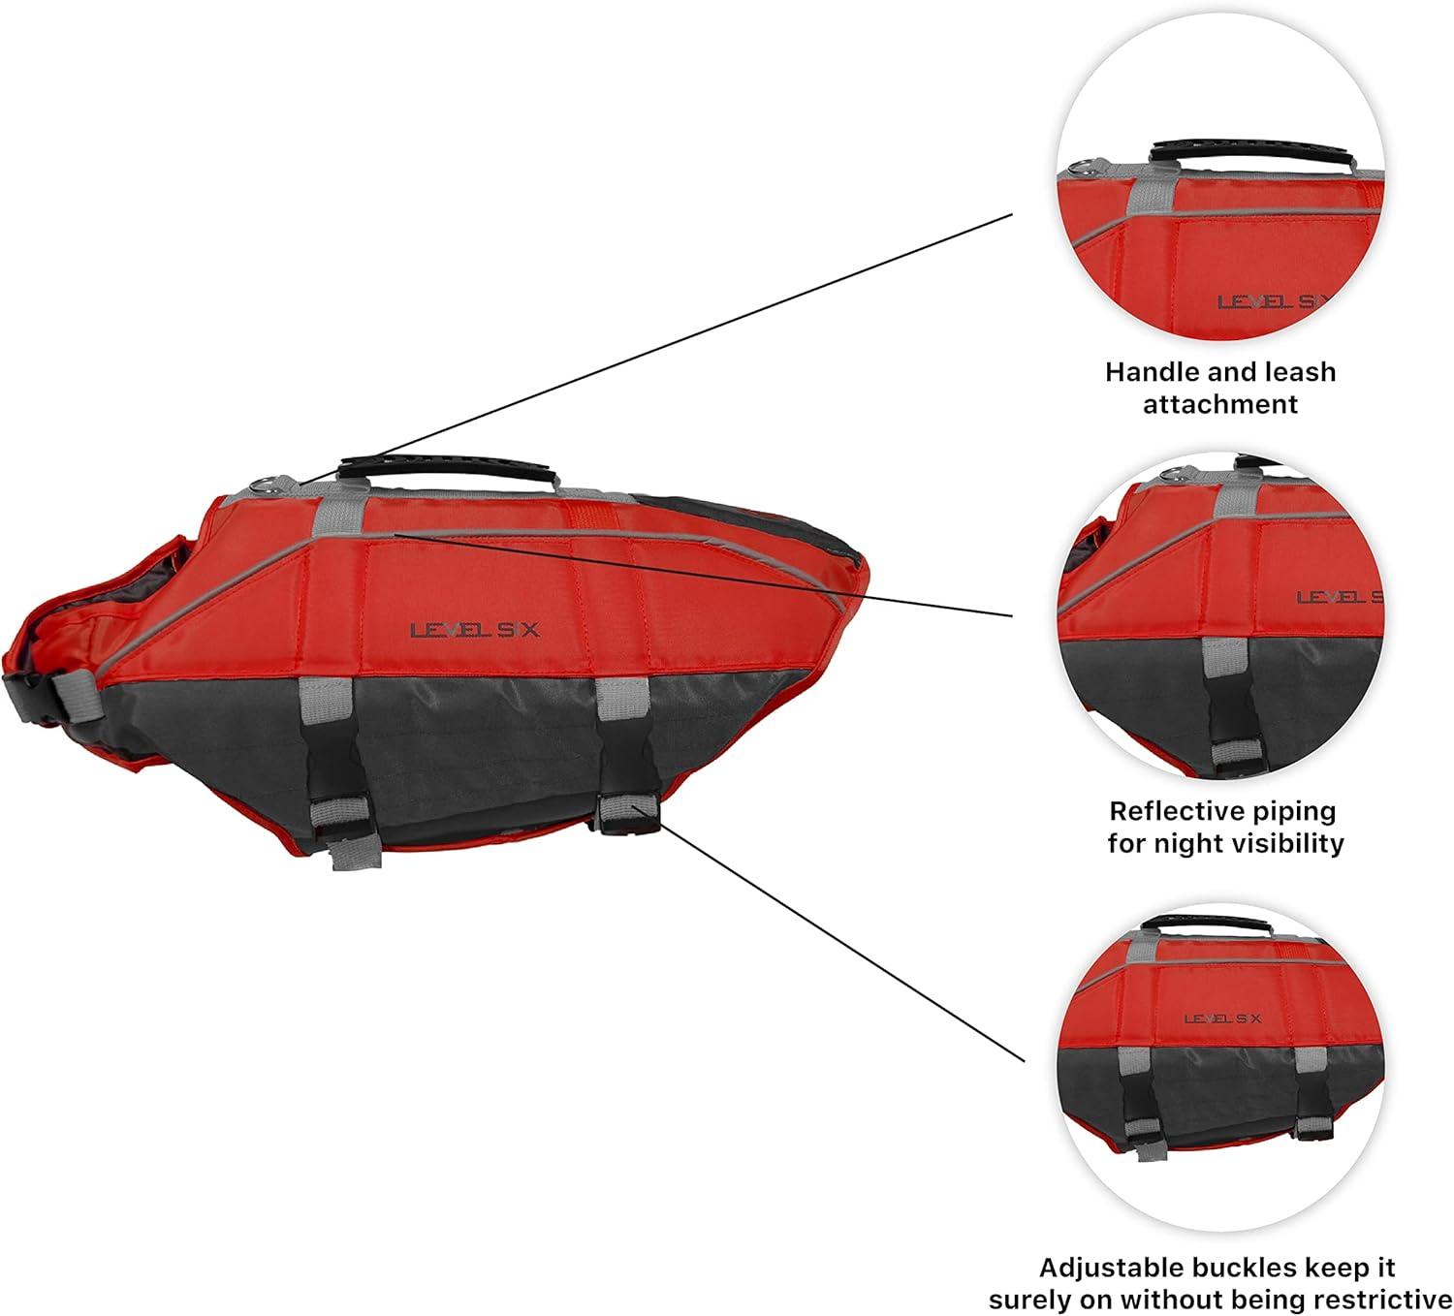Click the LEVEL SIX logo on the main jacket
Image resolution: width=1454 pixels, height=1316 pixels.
(x=475, y=630)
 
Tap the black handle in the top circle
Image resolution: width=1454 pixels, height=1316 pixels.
(x=1217, y=154)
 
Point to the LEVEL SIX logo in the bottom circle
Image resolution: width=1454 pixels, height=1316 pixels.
(x=1222, y=1018)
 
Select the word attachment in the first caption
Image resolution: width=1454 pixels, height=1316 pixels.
(x=1219, y=404)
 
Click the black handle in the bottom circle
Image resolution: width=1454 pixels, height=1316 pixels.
(x=1218, y=924)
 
